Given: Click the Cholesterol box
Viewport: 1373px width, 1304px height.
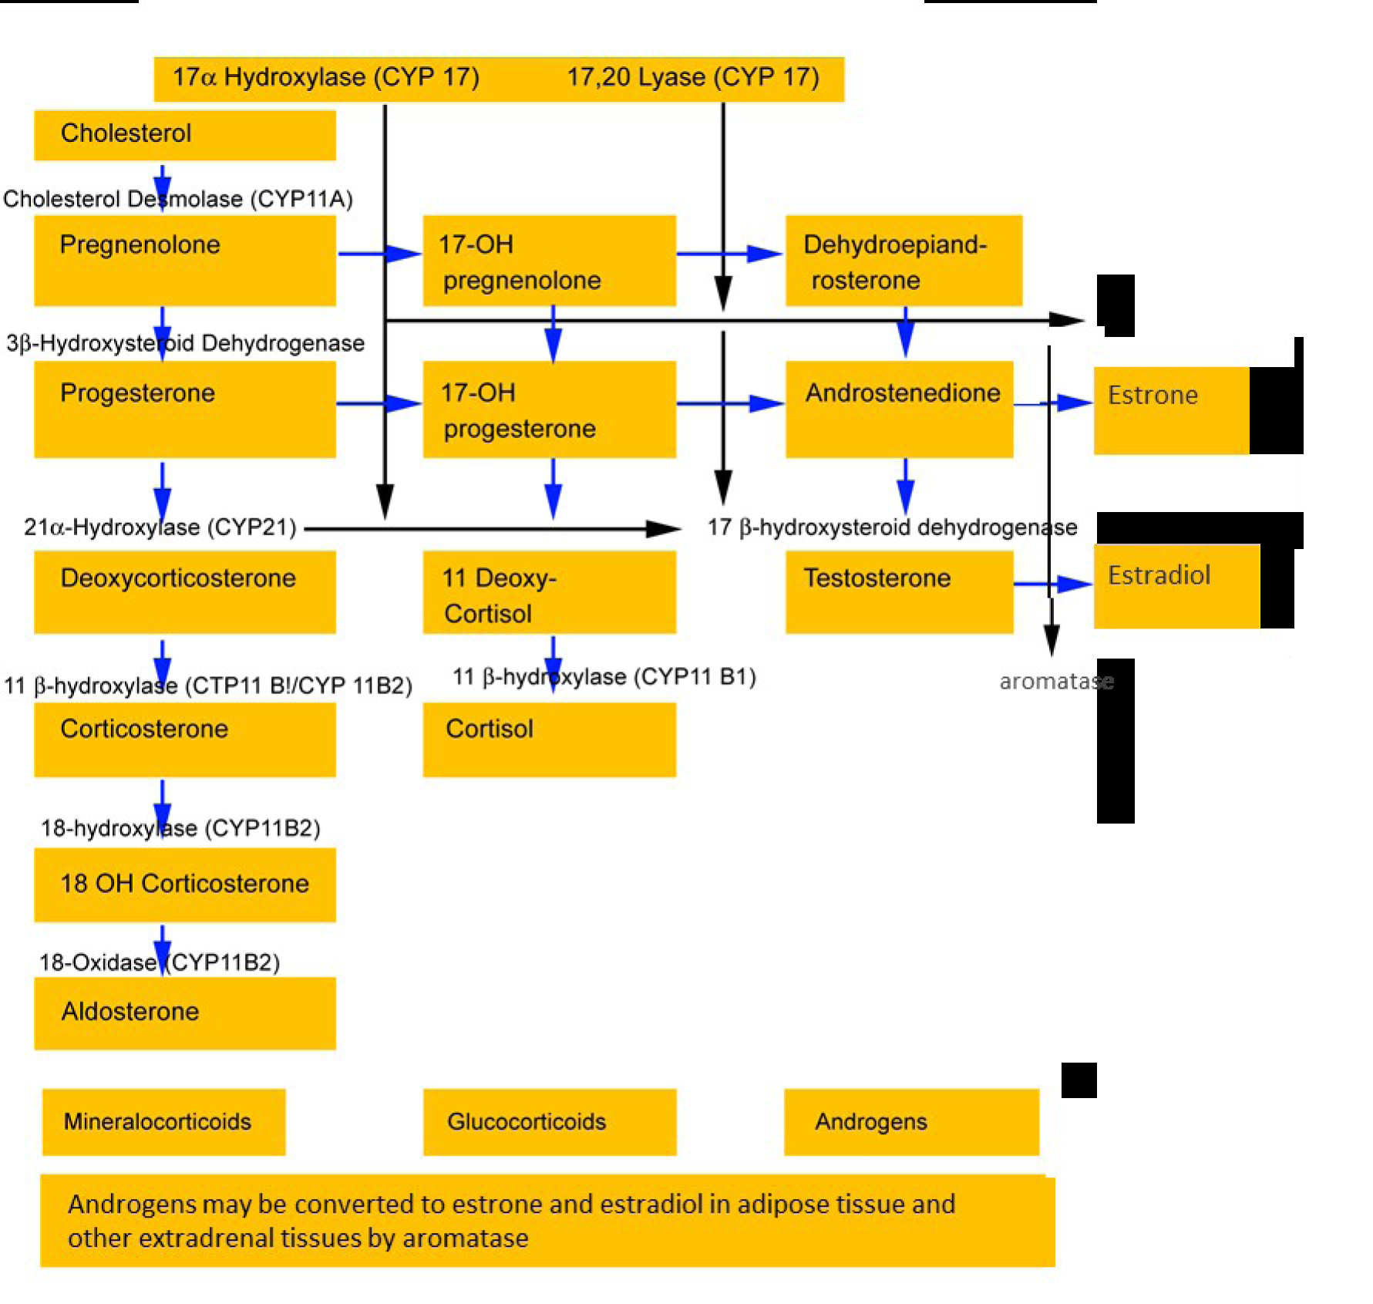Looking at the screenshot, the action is coord(185,135).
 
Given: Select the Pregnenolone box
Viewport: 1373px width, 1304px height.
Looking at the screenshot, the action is coord(185,261).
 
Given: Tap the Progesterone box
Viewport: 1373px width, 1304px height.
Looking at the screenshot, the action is coord(185,409).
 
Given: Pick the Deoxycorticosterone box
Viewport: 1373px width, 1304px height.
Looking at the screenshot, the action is coord(185,591).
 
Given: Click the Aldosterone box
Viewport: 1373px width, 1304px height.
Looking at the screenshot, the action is coord(185,1013).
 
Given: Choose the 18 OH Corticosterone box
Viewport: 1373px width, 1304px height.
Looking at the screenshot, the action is coord(185,884).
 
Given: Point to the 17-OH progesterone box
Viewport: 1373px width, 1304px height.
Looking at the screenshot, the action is coord(550,409).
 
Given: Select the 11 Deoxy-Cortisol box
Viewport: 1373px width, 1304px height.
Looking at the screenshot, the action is coord(550,591).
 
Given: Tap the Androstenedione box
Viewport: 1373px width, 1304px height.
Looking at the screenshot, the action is coord(900,409).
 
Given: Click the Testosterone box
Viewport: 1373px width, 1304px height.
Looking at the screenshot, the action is coord(900,591).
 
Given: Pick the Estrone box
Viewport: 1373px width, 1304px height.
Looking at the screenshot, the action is coord(1172,410).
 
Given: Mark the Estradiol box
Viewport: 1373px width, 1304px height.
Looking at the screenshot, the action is coord(1177,586).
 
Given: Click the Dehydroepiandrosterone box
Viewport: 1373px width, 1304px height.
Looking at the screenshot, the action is coord(904,261).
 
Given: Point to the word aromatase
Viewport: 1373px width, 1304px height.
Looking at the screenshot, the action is coord(1057,682).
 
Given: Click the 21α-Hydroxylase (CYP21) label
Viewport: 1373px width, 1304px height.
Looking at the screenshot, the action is coord(160,527).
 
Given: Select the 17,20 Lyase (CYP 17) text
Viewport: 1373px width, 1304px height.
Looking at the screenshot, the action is coord(693,77).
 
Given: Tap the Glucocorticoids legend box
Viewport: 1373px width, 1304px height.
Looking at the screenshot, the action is coord(550,1122).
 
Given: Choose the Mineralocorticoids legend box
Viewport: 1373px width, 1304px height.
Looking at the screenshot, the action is coord(164,1122).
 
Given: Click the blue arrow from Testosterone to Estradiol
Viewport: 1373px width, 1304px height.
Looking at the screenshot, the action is coord(1054,584).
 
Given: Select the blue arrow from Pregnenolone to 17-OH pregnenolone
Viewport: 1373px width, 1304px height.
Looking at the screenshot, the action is coord(380,253).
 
